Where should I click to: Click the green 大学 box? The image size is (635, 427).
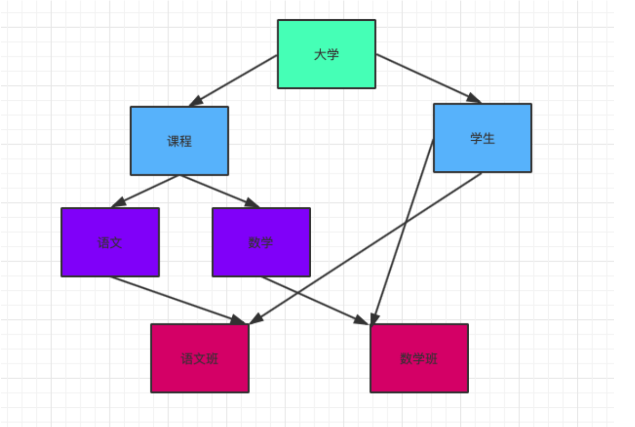click(x=326, y=54)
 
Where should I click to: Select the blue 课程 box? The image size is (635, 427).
click(x=179, y=141)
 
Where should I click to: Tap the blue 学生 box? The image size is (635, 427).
click(x=483, y=138)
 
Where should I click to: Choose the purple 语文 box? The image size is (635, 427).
click(x=110, y=242)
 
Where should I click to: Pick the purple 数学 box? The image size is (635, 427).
click(x=261, y=242)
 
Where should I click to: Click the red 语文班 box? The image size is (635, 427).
click(x=200, y=358)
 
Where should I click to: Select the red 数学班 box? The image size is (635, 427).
click(x=419, y=358)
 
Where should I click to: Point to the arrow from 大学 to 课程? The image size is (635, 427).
click(x=233, y=81)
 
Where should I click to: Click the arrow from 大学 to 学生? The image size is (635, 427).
click(x=428, y=78)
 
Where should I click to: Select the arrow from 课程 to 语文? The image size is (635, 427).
click(x=145, y=192)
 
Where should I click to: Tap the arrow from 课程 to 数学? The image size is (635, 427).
click(x=219, y=192)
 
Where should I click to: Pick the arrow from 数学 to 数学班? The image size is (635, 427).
click(x=315, y=300)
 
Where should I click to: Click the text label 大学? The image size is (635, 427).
click(x=326, y=55)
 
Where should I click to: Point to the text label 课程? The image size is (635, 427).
click(x=179, y=141)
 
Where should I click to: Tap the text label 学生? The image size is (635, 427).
click(x=483, y=138)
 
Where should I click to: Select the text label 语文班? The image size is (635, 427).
click(x=200, y=358)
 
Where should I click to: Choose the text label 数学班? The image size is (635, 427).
click(x=419, y=358)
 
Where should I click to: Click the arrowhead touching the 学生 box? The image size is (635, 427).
click(x=473, y=98)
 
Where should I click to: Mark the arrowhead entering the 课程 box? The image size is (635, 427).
click(x=196, y=101)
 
